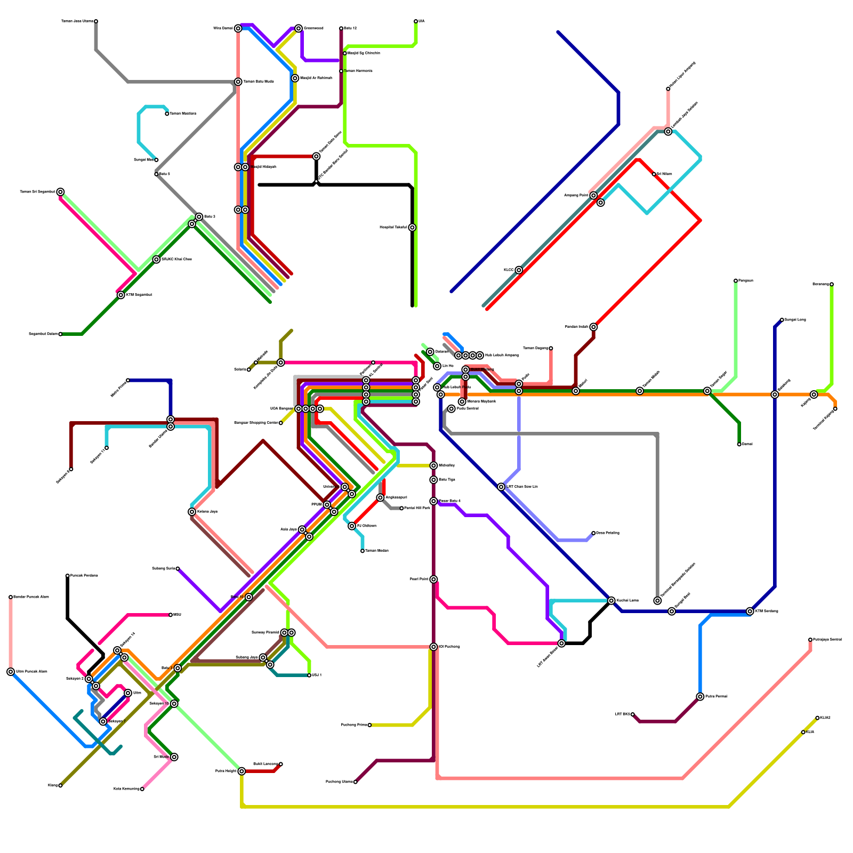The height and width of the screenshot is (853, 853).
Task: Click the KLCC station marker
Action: [x=519, y=270]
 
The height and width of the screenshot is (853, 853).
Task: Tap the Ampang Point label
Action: [x=576, y=196]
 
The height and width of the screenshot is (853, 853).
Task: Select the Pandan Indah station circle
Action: [x=593, y=327]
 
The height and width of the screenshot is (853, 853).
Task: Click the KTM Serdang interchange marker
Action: [x=750, y=611]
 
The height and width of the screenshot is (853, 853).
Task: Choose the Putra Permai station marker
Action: [x=700, y=697]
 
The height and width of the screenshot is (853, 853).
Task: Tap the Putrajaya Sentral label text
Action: [x=827, y=639]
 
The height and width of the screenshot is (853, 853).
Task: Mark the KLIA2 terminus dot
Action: [x=817, y=718]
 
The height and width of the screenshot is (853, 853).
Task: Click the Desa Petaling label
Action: [x=607, y=533]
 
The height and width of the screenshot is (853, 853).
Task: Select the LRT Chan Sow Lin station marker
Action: [x=501, y=487]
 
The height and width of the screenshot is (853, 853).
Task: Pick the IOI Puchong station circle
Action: [x=434, y=647]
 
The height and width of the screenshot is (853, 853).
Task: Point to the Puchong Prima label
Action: [x=354, y=725]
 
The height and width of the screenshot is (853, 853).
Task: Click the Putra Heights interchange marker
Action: [x=242, y=771]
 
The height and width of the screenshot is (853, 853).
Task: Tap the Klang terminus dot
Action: [x=60, y=785]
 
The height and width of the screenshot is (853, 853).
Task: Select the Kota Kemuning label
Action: [x=126, y=789]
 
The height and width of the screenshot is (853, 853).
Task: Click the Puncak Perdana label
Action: [x=84, y=576]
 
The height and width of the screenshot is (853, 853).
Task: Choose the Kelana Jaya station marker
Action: [x=192, y=512]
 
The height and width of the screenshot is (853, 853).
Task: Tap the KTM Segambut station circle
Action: [x=121, y=295]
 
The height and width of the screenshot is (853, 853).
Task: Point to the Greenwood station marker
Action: [x=299, y=28]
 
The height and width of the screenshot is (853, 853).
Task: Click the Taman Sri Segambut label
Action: [x=37, y=192]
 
